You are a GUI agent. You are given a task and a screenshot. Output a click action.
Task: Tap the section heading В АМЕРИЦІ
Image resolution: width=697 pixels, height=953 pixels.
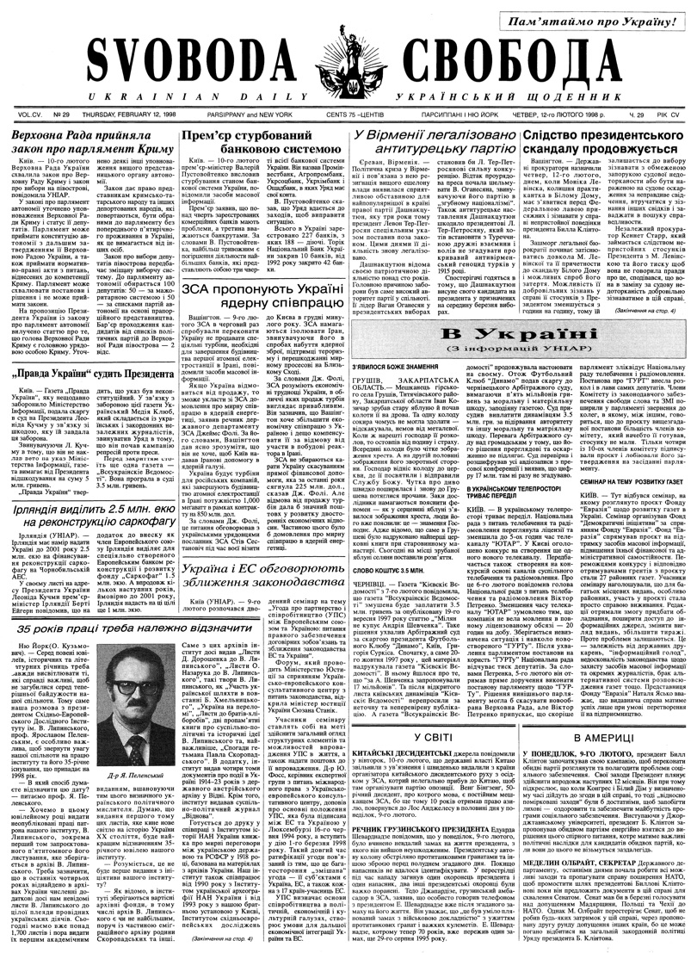point(602,737)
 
